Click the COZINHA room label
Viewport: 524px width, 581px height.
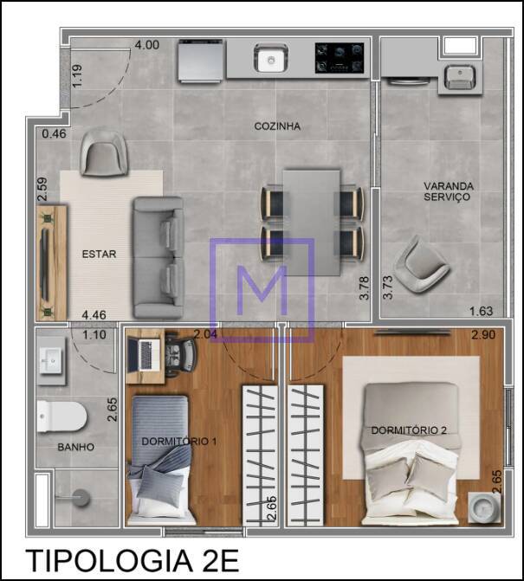click(x=277, y=126)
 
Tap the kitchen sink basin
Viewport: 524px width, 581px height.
click(x=271, y=59)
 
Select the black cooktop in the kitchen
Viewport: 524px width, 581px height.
click(x=340, y=57)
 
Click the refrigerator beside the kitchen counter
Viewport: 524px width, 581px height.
click(x=201, y=61)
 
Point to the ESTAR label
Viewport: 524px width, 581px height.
click(x=99, y=255)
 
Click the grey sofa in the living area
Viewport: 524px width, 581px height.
click(x=158, y=258)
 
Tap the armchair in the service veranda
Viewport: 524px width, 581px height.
click(x=421, y=265)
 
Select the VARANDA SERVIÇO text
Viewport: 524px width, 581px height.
click(x=449, y=191)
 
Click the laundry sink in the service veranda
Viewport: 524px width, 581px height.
click(x=460, y=77)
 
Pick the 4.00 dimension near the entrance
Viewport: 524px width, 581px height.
click(x=146, y=45)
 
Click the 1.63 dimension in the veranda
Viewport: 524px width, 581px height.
click(x=481, y=311)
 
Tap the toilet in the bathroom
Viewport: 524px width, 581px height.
click(x=61, y=416)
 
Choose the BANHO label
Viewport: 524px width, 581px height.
click(x=75, y=448)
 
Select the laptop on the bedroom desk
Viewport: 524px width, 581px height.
click(x=144, y=355)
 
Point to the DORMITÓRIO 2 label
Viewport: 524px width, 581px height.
click(x=409, y=430)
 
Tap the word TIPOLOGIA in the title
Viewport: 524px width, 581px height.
click(x=109, y=560)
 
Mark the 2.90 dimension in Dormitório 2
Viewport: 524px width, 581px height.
click(x=483, y=335)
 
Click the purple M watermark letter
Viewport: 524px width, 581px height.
click(x=262, y=290)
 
